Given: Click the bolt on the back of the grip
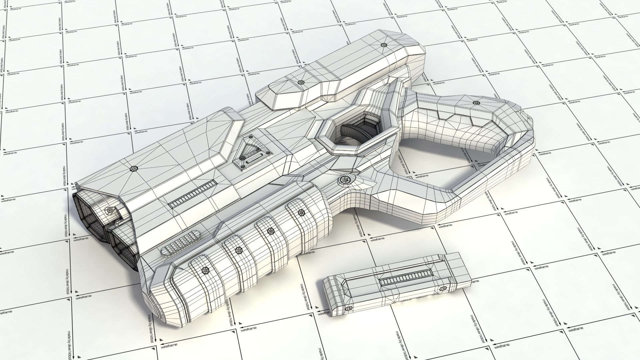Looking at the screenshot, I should [475, 103].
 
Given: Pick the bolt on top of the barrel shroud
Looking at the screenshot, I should [134, 169].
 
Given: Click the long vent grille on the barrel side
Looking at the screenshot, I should [192, 194].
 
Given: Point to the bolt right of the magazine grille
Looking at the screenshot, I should [443, 288].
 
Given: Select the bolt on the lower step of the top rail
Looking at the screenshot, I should [300, 82].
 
